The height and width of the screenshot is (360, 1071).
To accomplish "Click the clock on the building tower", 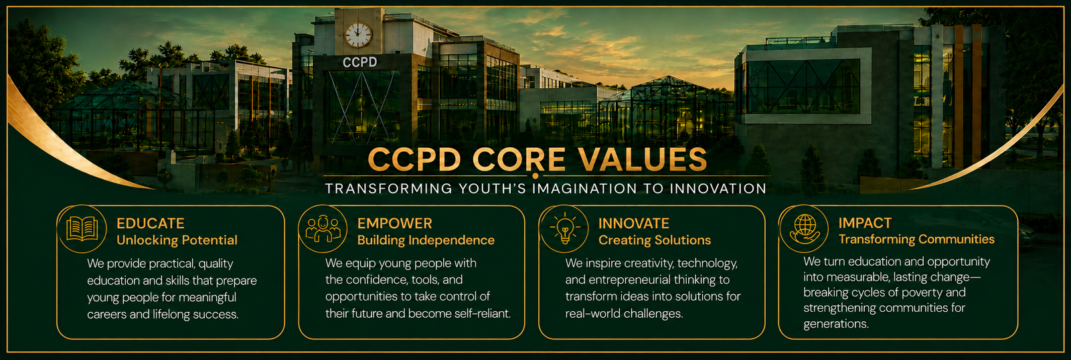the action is [x=358, y=35].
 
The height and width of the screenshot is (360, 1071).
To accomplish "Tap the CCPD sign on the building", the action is [x=360, y=62].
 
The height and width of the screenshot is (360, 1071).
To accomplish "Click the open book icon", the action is [x=82, y=229].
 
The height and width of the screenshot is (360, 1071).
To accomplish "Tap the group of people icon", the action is [x=323, y=229].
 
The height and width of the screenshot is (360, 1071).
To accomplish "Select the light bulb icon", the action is [x=565, y=229].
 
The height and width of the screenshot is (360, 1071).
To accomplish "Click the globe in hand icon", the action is [x=805, y=229].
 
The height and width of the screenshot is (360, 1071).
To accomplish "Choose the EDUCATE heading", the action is [x=151, y=223].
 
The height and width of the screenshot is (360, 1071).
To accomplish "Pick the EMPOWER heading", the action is [x=395, y=223].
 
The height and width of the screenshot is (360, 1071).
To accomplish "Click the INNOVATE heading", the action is [x=634, y=223].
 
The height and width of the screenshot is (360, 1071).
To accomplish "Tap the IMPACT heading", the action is [x=865, y=223].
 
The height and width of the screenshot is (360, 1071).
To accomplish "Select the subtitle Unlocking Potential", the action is [x=177, y=240].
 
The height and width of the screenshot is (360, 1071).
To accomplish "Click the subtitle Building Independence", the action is [x=426, y=240].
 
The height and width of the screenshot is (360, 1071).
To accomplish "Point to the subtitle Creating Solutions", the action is [x=655, y=240].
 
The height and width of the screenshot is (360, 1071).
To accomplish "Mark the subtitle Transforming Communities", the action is [x=916, y=239].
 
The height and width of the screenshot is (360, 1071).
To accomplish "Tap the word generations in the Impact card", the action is [x=836, y=324].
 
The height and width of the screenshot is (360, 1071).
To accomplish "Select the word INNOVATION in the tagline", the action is [x=718, y=189].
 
